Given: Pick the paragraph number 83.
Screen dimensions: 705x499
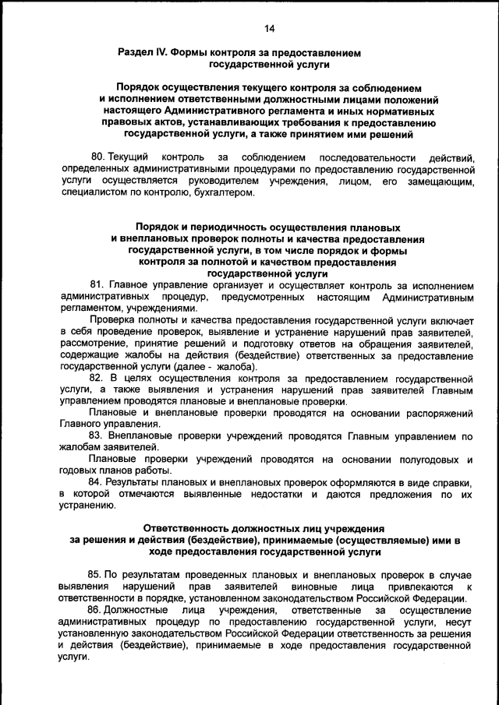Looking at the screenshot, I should [97, 435].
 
